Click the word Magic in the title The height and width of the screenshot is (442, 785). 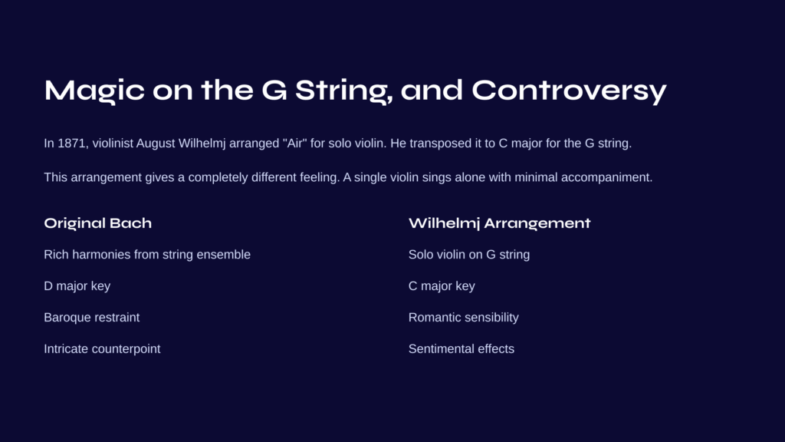[94, 91]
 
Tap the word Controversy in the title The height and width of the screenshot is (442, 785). [570, 91]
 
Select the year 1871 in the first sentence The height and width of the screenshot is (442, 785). [73, 143]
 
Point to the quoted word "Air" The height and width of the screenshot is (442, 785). [294, 143]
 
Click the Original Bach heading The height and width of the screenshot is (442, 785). [97, 223]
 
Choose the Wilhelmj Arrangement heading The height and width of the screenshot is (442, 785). [500, 223]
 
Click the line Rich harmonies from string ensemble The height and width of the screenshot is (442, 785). [147, 255]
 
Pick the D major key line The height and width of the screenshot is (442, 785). [77, 286]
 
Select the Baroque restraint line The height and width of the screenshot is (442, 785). [92, 318]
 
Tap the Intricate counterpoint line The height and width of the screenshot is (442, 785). [102, 349]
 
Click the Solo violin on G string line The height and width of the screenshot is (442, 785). [469, 255]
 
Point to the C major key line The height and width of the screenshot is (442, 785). [442, 286]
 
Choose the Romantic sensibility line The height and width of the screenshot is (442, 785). [464, 318]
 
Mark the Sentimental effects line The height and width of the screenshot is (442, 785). [461, 349]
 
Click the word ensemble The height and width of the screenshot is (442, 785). [223, 255]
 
